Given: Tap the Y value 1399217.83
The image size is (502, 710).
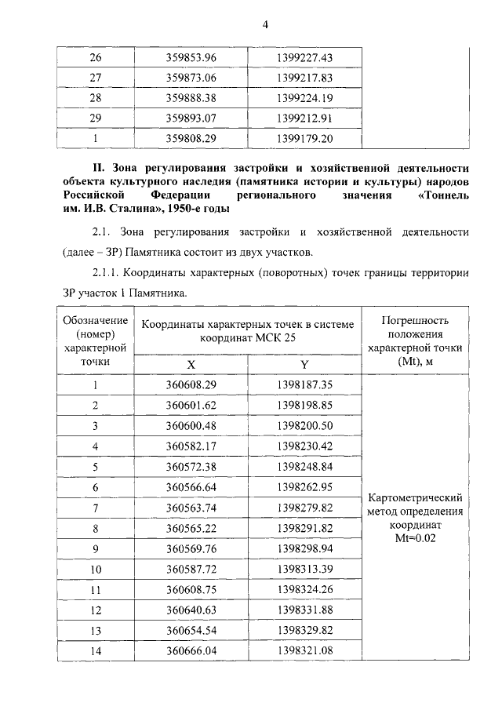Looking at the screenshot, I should click(x=305, y=78).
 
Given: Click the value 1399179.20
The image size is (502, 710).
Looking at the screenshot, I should click(x=305, y=139).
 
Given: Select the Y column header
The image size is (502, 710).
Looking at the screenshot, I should click(x=305, y=365).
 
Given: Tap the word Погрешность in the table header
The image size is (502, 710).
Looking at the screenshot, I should click(x=414, y=320).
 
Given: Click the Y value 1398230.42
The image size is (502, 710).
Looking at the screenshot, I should click(x=305, y=446).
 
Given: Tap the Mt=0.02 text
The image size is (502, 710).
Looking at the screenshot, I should click(x=415, y=540).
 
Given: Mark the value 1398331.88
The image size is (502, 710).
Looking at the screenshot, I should click(x=305, y=610).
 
